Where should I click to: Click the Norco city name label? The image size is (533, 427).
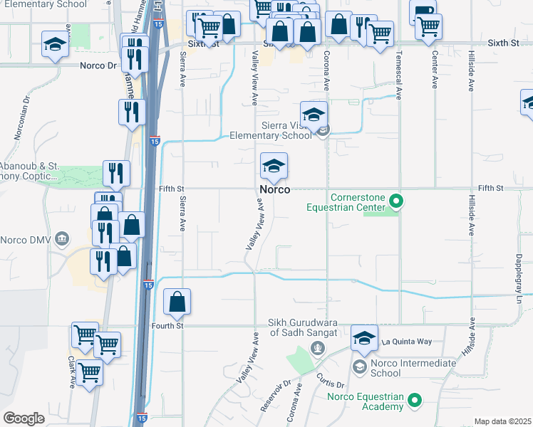pyautogui.click(x=274, y=190)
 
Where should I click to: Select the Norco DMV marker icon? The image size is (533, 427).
pyautogui.click(x=63, y=238)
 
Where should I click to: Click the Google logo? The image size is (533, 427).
pyautogui.click(x=24, y=418)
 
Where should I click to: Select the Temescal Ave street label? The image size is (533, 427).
pyautogui.click(x=399, y=72)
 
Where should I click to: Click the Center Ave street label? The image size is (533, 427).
pyautogui.click(x=434, y=72)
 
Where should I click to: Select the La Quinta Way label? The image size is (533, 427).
pyautogui.click(x=407, y=342)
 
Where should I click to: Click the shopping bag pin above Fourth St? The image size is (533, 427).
pyautogui.click(x=177, y=302)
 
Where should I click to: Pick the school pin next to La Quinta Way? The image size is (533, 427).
pyautogui.click(x=364, y=339)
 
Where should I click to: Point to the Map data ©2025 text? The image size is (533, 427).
pyautogui.click(x=502, y=421)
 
